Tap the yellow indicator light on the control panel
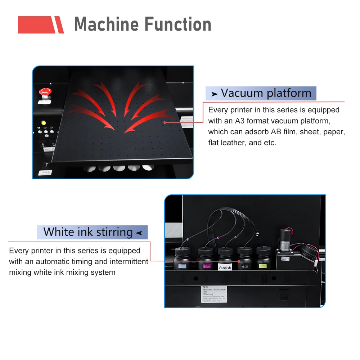point(44,123)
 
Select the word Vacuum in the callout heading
point(241,93)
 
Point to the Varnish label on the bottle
point(225,267)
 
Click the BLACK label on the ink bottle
point(245,266)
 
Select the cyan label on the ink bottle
point(183,266)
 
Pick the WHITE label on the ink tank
point(285,258)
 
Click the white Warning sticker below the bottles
point(214,294)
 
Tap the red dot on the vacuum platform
point(165,122)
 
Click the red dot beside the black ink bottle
point(239,261)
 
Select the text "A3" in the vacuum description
point(240,121)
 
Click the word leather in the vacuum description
point(233,143)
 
